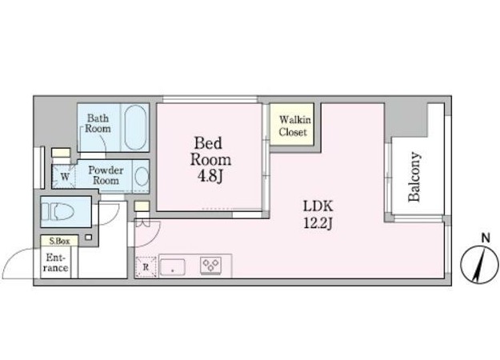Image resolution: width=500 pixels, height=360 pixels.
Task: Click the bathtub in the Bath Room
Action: (x=136, y=127)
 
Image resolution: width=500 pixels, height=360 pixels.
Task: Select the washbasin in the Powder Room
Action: (x=142, y=176)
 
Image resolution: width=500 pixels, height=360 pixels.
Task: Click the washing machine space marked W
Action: (x=65, y=176)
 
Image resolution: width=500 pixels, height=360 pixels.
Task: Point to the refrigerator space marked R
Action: (x=146, y=266)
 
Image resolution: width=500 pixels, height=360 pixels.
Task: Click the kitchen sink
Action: (x=173, y=267)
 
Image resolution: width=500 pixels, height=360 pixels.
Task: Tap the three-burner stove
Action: (x=210, y=266)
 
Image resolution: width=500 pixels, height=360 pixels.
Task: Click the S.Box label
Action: (x=59, y=241)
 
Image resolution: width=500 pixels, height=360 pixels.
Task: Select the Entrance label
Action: (x=56, y=262)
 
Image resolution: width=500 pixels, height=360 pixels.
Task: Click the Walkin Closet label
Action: (x=294, y=126)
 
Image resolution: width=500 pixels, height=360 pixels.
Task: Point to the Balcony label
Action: (x=414, y=177)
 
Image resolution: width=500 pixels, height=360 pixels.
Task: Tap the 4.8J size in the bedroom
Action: (x=210, y=176)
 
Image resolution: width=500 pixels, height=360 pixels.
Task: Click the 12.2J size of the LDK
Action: (x=318, y=223)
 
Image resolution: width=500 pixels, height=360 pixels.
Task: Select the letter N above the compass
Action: (x=486, y=238)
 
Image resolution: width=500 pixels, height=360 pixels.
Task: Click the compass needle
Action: (x=478, y=266)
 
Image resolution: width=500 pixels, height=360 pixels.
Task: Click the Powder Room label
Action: (x=106, y=175)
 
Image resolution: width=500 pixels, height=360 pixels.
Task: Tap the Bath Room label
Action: (x=98, y=123)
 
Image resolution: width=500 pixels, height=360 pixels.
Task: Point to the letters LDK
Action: (x=318, y=206)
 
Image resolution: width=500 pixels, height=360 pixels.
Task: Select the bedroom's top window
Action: (x=210, y=99)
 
